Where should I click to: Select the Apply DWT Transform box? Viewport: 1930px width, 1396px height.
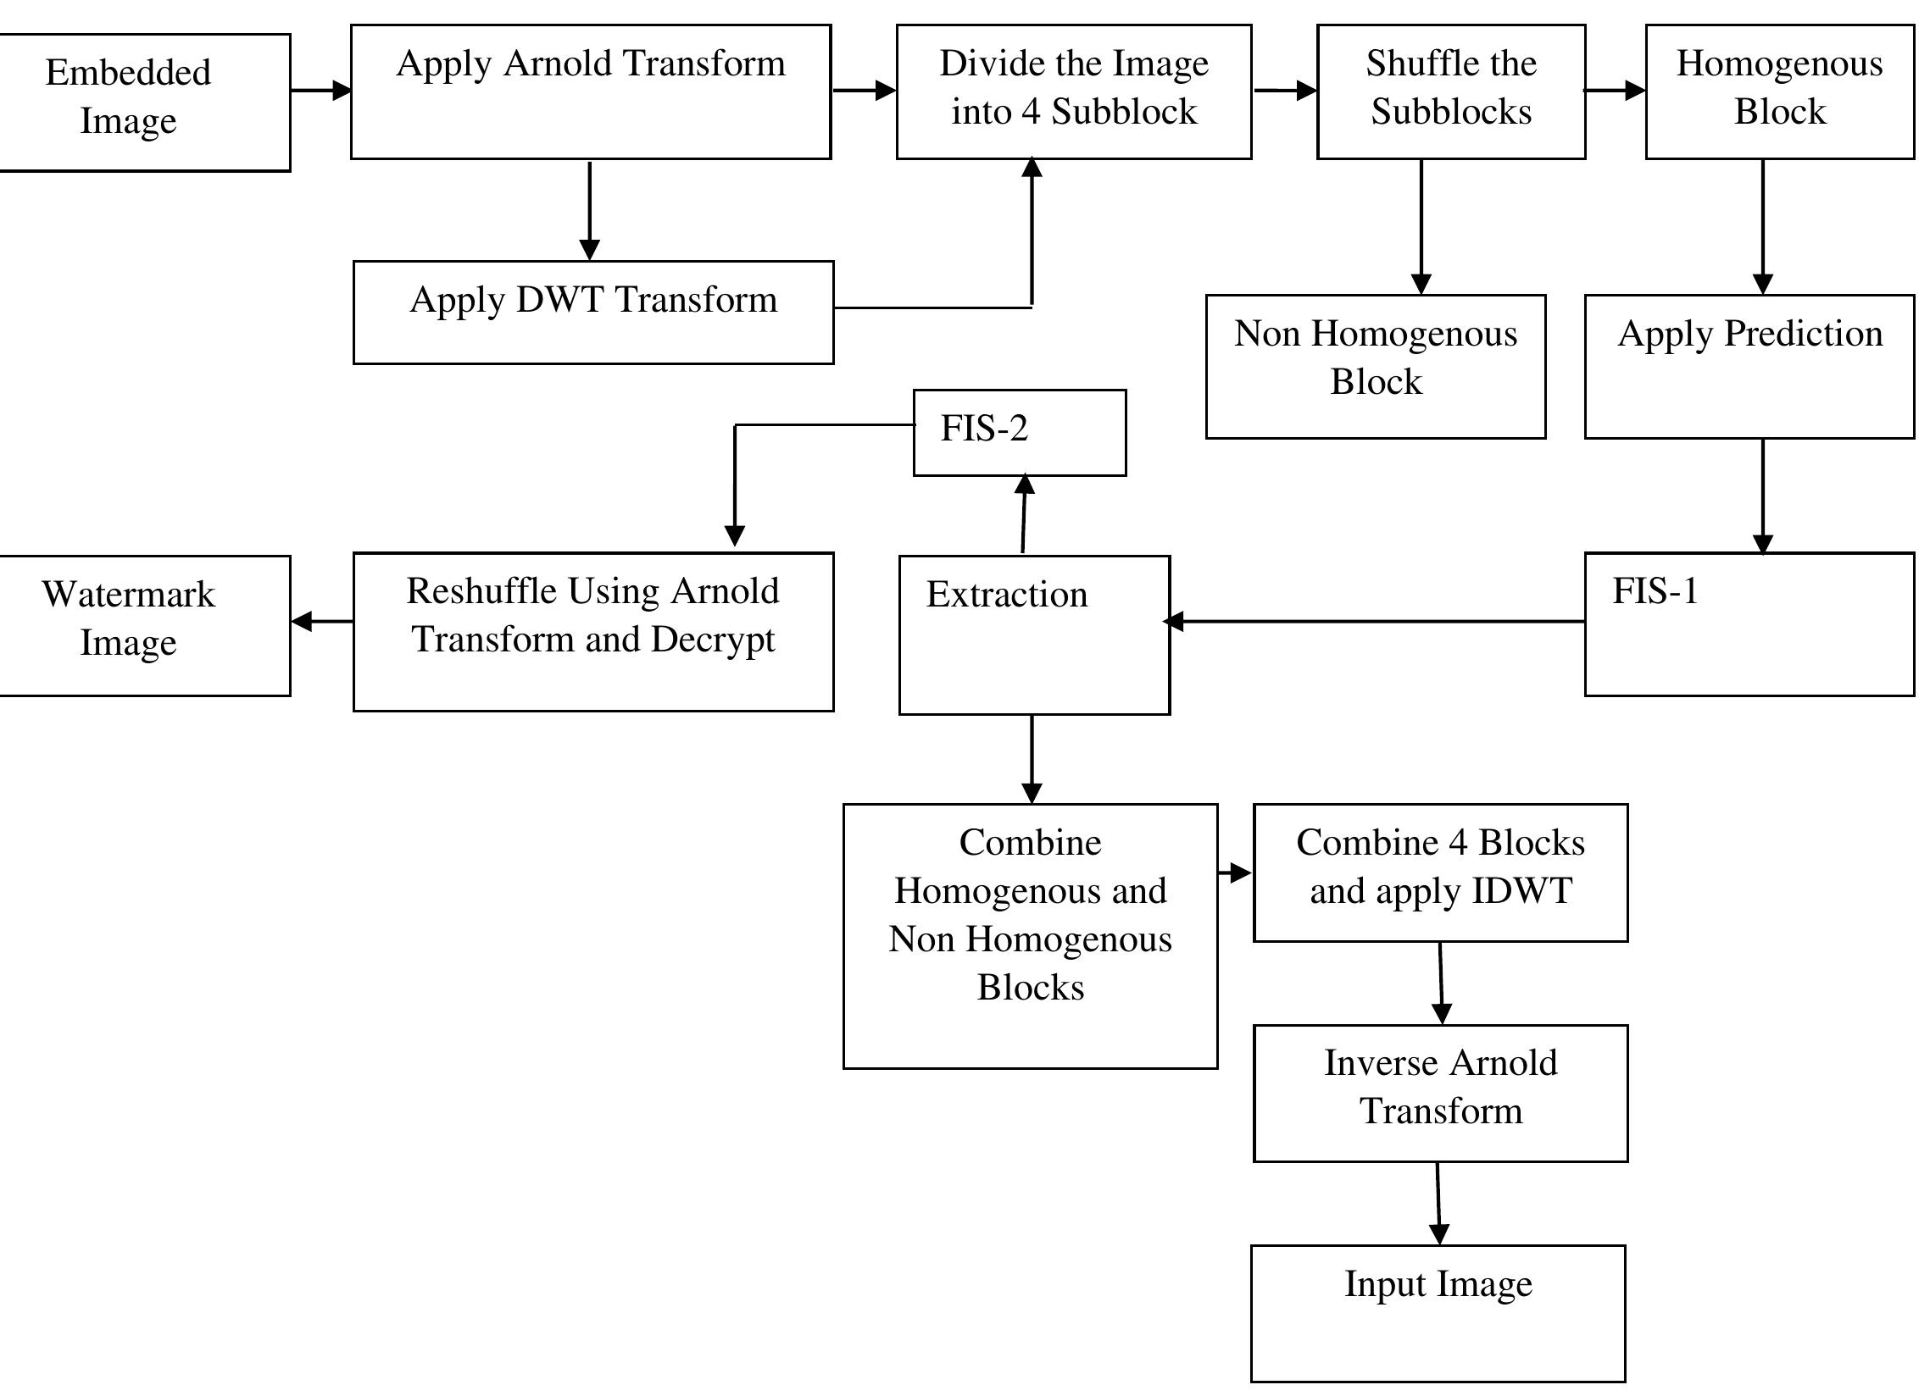[x=593, y=313]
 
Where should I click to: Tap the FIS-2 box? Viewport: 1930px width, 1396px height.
[x=1019, y=432]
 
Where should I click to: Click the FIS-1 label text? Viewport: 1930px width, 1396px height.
[x=1655, y=591]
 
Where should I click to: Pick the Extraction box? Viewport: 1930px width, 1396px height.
[x=1034, y=634]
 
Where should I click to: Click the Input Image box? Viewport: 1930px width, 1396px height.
[x=1438, y=1313]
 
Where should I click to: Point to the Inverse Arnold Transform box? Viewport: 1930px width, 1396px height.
[x=1440, y=1092]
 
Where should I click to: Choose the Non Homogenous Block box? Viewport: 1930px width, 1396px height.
[x=1375, y=367]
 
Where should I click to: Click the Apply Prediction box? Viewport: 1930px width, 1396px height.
[x=1749, y=367]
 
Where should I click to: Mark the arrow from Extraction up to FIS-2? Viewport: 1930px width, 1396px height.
[x=1024, y=515]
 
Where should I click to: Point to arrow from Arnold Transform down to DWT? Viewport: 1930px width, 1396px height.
[x=589, y=210]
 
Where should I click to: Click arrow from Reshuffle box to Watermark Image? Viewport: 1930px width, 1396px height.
[x=322, y=622]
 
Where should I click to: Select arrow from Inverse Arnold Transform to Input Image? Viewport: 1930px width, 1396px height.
[x=1438, y=1202]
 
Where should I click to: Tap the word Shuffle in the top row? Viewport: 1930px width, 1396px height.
[x=1406, y=64]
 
